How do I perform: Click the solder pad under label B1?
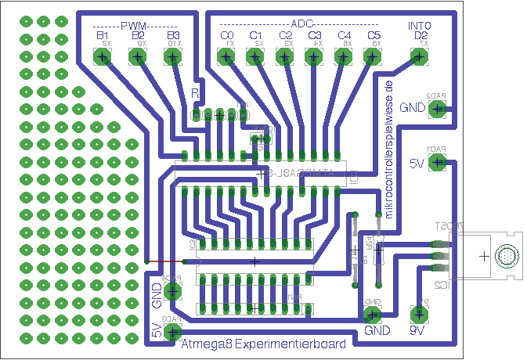pos(101,57)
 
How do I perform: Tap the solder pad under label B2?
pos(138,57)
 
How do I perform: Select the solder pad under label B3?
pos(174,57)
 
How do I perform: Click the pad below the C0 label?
pos(226,57)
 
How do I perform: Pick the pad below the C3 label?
pos(314,57)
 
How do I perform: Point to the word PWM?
pos(137,26)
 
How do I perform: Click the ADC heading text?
pos(301,25)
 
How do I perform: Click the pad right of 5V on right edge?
pos(438,163)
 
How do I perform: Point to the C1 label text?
pos(255,36)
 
